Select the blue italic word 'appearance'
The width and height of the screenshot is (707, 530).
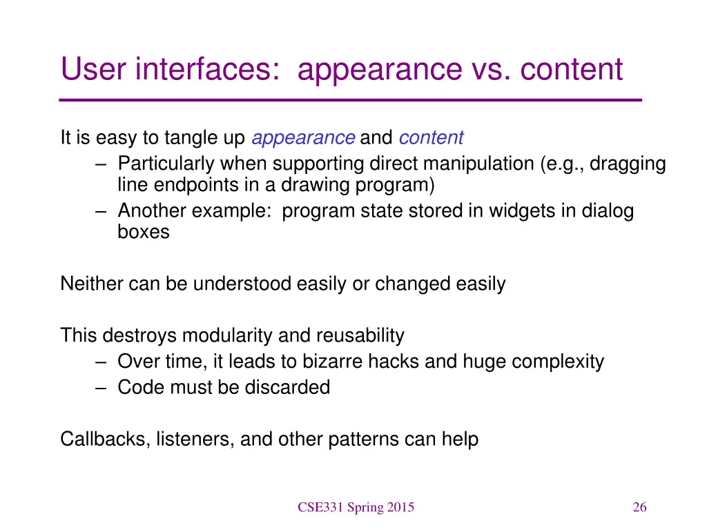(x=303, y=138)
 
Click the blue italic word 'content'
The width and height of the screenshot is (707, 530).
(x=431, y=138)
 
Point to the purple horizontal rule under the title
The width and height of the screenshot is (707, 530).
(x=351, y=100)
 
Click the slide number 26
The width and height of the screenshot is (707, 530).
(x=639, y=508)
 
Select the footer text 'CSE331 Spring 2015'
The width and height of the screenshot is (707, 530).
(x=356, y=508)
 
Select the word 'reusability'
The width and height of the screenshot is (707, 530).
(x=360, y=336)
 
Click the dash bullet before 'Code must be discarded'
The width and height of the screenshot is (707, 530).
(x=101, y=388)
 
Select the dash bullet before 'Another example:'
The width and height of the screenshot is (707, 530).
(x=101, y=211)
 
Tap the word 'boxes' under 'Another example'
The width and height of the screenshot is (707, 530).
(x=143, y=232)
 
